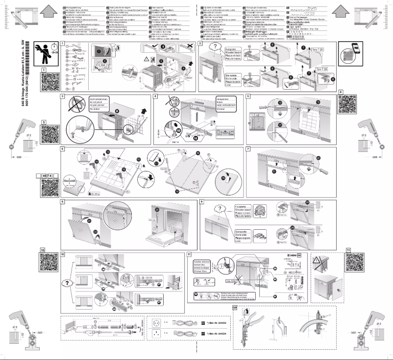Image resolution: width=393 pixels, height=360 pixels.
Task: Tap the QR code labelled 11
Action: click(x=357, y=264)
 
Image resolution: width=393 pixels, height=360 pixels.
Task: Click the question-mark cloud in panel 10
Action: click(x=65, y=283)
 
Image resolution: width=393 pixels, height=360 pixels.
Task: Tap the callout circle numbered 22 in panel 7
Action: click(x=319, y=158)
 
